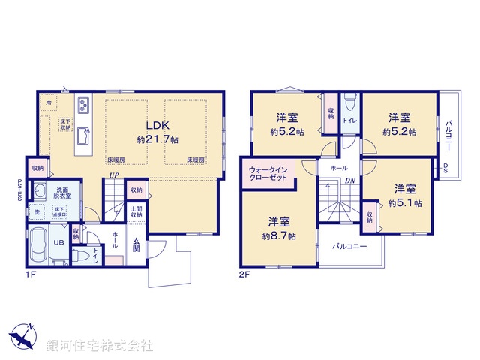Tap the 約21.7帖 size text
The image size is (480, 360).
coord(157,139)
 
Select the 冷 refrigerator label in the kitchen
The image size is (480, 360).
coord(49,101)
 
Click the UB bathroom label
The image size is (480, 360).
coord(58,242)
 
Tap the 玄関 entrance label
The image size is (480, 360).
coord(136,244)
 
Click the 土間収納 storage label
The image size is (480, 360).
coord(136,211)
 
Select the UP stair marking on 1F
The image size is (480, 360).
coord(112,176)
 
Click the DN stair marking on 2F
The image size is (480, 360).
coord(350,181)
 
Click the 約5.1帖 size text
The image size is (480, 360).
coord(405,202)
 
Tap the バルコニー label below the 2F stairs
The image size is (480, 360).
coord(349,245)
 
